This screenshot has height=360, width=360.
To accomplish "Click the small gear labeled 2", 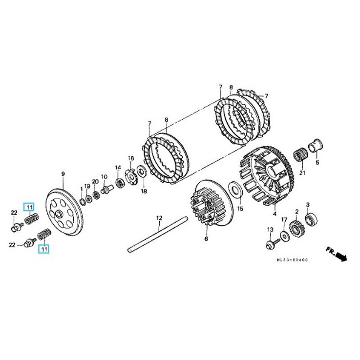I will (296, 225).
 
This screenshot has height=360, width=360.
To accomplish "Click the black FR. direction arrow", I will (342, 257).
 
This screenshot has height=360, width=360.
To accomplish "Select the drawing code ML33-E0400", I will (295, 260).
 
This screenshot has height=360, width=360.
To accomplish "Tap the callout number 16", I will (131, 158).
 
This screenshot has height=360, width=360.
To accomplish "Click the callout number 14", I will (118, 167).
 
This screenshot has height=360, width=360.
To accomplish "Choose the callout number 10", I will (104, 176).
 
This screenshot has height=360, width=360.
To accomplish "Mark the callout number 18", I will (144, 191).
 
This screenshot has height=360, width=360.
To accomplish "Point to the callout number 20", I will (95, 181).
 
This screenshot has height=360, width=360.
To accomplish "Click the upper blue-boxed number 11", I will (29, 207).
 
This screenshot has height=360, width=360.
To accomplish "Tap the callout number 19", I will (87, 186).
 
